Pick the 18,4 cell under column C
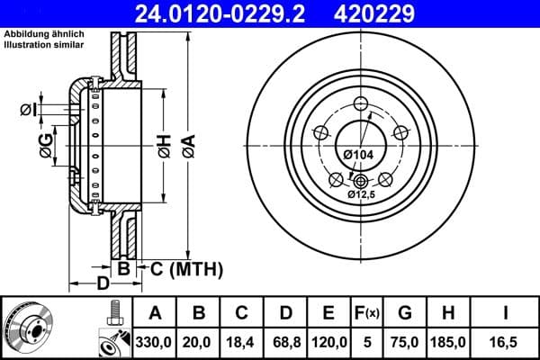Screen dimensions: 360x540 pyautogui.click(x=241, y=341)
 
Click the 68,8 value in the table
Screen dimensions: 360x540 pyautogui.click(x=284, y=341)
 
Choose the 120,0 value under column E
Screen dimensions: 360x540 pyautogui.click(x=328, y=341)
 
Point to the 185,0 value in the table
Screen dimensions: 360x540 pyautogui.click(x=447, y=341)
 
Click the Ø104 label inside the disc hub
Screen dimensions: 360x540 pyautogui.click(x=358, y=155)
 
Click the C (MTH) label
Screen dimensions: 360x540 pyautogui.click(x=185, y=267)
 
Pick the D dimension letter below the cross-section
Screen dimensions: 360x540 pyautogui.click(x=103, y=283)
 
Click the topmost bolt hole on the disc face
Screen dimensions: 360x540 pyautogui.click(x=362, y=102)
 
